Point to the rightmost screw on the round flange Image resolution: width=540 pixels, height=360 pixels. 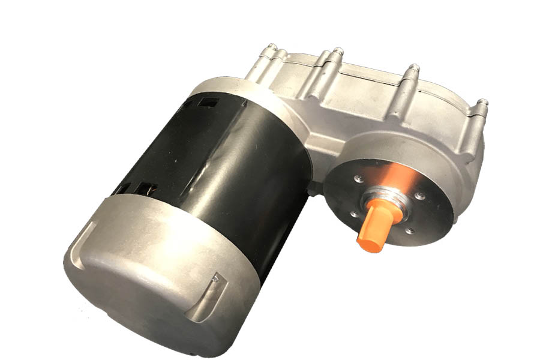click(420, 196)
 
